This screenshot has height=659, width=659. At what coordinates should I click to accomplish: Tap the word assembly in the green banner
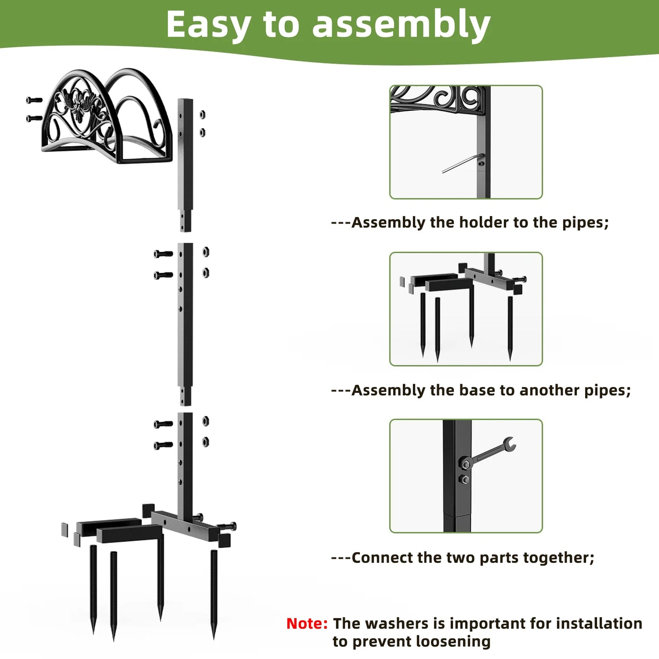401,25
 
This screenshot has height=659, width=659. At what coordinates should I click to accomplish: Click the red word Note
306,623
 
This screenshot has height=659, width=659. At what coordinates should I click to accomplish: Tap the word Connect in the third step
382,558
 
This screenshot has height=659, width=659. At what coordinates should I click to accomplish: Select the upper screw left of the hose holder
34,100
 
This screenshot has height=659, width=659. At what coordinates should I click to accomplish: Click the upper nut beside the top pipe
202,114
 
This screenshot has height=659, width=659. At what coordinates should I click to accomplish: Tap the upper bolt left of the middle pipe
163,254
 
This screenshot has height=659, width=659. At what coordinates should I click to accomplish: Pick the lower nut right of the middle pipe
206,273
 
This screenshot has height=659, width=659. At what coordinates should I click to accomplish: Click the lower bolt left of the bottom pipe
163,445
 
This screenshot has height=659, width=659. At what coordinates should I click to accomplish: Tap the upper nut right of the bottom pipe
206,420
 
